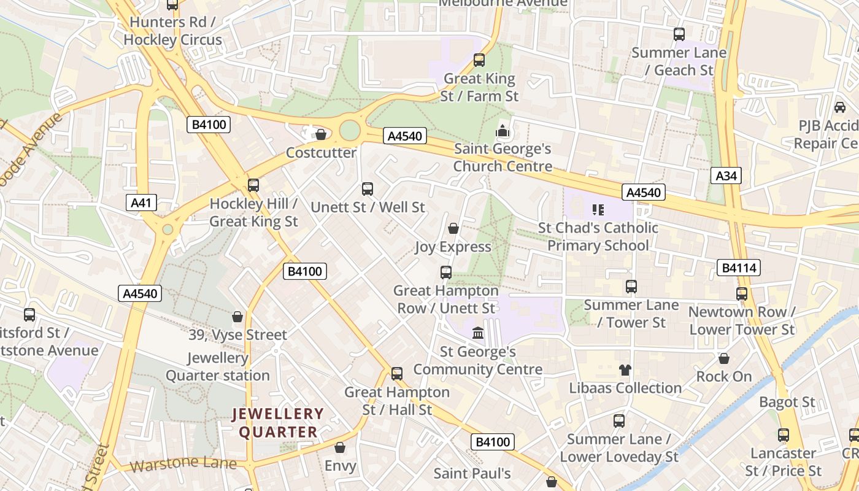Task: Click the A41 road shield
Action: [x=142, y=203]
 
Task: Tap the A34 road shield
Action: [x=726, y=176]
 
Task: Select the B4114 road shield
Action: [x=739, y=267]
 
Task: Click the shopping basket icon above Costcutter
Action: [x=320, y=134]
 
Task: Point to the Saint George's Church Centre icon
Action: [x=503, y=131]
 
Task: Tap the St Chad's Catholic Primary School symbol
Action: [x=598, y=210]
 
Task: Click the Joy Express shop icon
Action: [x=453, y=229]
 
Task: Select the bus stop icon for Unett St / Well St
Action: [x=368, y=189]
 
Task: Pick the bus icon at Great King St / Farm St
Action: [x=479, y=60]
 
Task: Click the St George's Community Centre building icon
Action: [x=477, y=333]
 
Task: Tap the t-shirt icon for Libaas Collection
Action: [x=625, y=369]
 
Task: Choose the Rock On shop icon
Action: [x=724, y=358]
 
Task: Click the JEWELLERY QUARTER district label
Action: [x=278, y=423]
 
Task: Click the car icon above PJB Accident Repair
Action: [x=839, y=107]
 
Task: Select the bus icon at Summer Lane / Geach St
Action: [x=679, y=34]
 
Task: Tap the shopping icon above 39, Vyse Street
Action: [x=237, y=317]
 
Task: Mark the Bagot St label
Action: [x=787, y=403]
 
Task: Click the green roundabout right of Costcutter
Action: [x=349, y=130]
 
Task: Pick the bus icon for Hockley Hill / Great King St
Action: [x=253, y=185]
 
